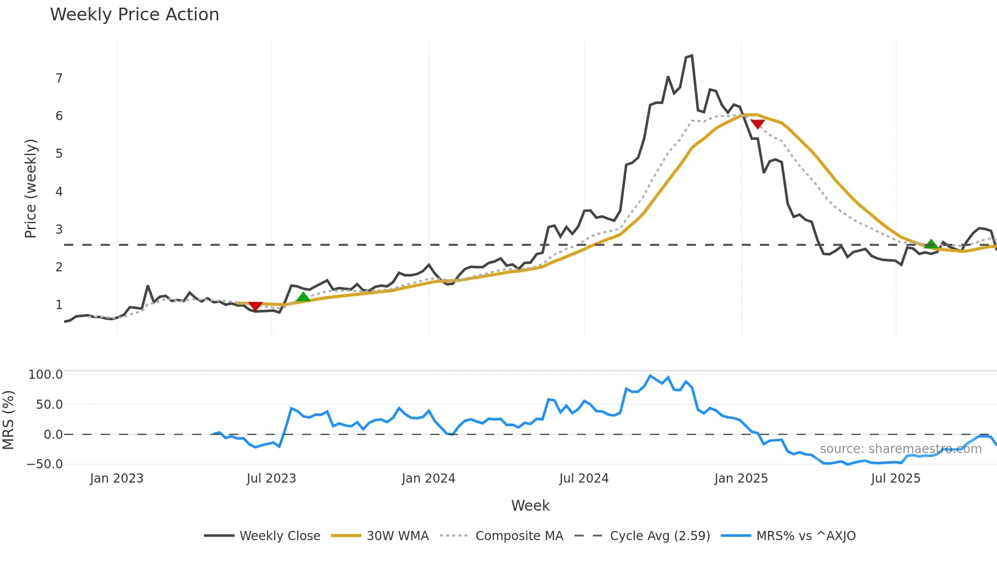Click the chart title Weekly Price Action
(x=134, y=15)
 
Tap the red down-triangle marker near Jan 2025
(x=757, y=124)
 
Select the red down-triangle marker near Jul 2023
(x=255, y=306)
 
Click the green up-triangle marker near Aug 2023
(x=303, y=297)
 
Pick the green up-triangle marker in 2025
(x=931, y=244)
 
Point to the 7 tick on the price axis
(x=59, y=78)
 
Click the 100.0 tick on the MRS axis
(x=45, y=375)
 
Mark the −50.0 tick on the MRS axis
(x=45, y=464)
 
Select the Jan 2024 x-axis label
(x=428, y=479)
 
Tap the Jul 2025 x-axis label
(x=896, y=479)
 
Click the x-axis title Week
(x=530, y=506)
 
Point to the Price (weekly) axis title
(x=31, y=188)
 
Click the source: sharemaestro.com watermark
(x=900, y=449)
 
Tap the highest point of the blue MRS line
(x=650, y=376)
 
